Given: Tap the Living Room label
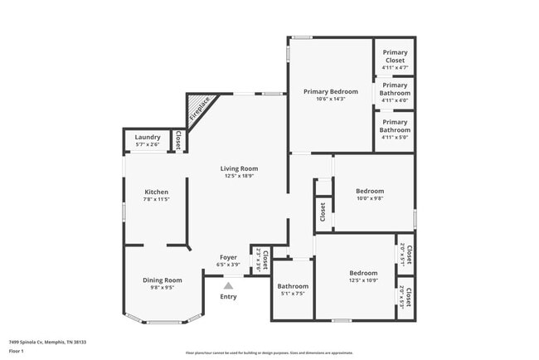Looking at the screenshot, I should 239,168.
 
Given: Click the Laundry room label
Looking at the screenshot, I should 148,137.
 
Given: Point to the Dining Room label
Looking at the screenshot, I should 162,280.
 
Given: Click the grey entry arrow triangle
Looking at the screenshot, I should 228,285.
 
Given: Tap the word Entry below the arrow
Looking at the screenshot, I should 228,297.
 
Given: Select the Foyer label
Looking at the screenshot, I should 228,257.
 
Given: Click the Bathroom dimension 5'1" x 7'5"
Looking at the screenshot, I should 293,294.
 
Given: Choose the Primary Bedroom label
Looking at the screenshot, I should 330,91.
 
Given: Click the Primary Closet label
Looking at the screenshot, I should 395,56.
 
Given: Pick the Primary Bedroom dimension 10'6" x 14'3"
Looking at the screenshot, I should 330,100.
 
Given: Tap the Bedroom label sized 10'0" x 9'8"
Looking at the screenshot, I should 369,191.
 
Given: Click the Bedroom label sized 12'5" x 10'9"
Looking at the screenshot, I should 363,273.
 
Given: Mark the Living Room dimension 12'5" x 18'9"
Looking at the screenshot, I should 239,177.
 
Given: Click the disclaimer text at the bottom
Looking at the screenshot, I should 269,353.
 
